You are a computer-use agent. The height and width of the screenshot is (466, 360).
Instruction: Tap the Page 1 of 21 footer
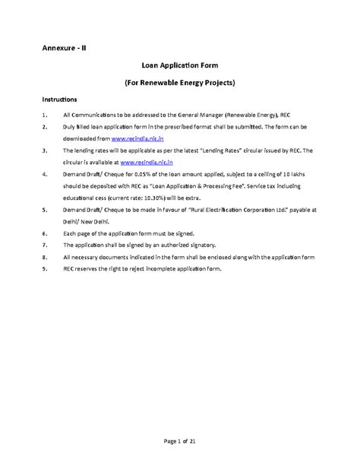[179, 443]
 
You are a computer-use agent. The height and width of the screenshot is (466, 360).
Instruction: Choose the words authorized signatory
[185, 246]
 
